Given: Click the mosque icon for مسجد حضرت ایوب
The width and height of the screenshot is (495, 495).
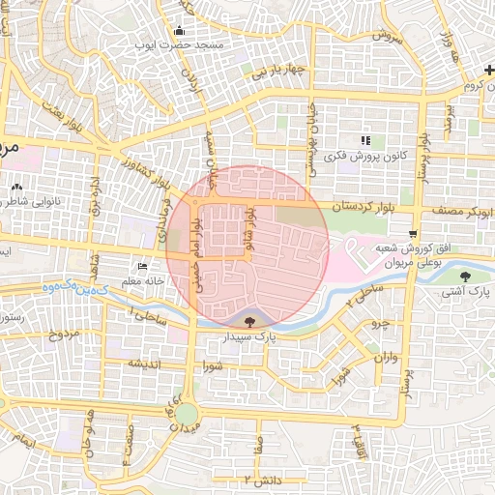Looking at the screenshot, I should pyautogui.click(x=180, y=30).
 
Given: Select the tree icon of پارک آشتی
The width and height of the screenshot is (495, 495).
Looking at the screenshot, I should pyautogui.click(x=466, y=277).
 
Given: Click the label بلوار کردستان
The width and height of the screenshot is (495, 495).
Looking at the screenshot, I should pyautogui.click(x=365, y=207).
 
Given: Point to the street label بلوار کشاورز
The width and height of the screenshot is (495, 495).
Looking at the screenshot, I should pyautogui.click(x=143, y=173).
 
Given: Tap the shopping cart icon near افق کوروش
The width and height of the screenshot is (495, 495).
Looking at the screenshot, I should pyautogui.click(x=413, y=234).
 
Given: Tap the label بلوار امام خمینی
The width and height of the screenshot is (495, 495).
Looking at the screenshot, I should pyautogui.click(x=196, y=236).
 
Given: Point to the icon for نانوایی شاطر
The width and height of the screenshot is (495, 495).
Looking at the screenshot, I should pyautogui.click(x=16, y=188).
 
